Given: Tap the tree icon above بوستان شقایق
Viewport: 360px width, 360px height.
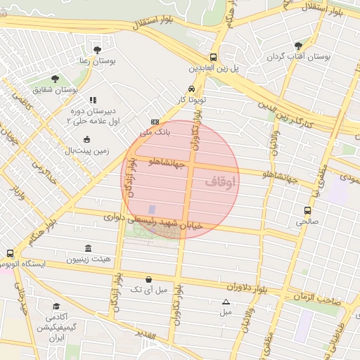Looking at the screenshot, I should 55,79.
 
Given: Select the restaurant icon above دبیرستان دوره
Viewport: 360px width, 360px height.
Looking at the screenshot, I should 93,101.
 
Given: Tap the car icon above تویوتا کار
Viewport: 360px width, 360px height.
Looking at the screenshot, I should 191,89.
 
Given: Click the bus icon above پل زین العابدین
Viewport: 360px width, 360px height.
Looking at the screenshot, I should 213,58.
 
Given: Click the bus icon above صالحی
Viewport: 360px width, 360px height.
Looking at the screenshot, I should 307,210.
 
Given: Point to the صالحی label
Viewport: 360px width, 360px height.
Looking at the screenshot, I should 307,221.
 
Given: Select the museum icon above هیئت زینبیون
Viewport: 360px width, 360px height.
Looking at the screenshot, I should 88,249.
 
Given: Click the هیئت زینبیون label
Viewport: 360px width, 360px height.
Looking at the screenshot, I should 89,260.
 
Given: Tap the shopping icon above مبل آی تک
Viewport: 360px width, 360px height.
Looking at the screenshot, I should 148,278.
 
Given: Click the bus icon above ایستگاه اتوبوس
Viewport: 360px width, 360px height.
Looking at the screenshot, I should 10,253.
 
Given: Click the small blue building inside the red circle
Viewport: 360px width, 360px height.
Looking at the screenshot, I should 151,210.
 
